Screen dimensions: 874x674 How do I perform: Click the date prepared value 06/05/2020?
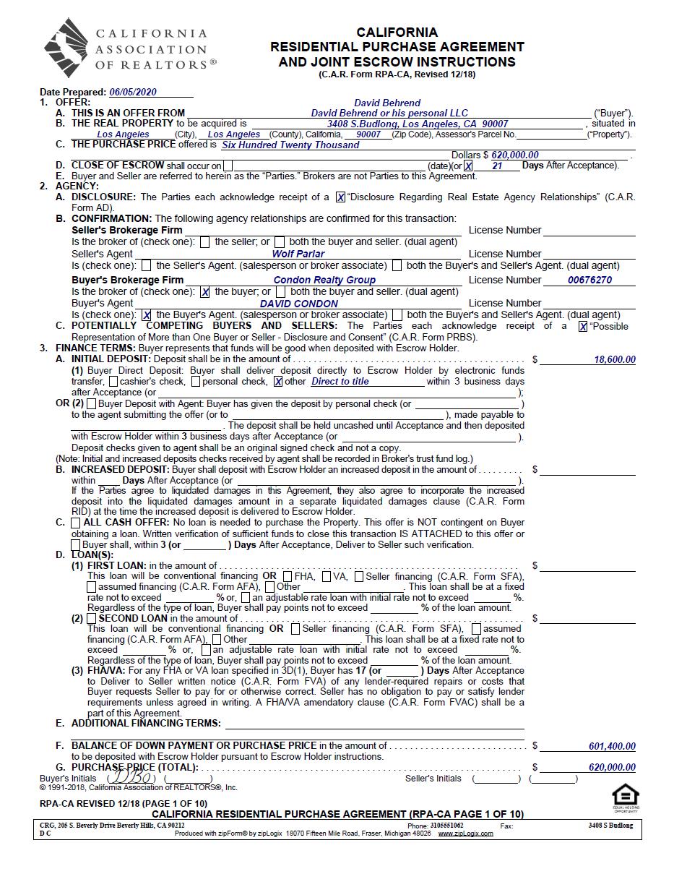pyautogui.click(x=132, y=93)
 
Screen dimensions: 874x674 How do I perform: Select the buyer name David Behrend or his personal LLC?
pyautogui.click(x=389, y=113)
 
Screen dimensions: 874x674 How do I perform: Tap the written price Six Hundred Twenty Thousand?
pyautogui.click(x=290, y=145)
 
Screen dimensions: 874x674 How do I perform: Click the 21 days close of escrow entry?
pyautogui.click(x=496, y=166)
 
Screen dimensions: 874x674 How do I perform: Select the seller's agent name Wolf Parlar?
pyautogui.click(x=298, y=254)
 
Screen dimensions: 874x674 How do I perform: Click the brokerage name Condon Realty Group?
pyautogui.click(x=324, y=280)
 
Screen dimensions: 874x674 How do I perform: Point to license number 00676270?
pyautogui.click(x=589, y=280)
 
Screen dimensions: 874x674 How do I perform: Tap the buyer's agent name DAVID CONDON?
pyautogui.click(x=298, y=304)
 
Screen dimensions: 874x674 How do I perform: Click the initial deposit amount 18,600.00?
pyautogui.click(x=615, y=360)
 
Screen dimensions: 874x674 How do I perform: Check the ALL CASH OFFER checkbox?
pyautogui.click(x=76, y=523)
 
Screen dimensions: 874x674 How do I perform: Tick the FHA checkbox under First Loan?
pyautogui.click(x=288, y=577)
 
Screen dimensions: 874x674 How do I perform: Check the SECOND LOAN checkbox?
pyautogui.click(x=91, y=619)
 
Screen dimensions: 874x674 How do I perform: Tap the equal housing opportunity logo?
pyautogui.click(x=625, y=796)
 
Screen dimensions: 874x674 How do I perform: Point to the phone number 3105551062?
pyautogui.click(x=446, y=826)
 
